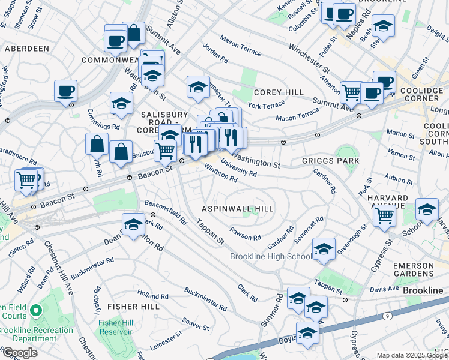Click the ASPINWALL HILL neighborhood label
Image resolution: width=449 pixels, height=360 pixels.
[x=237, y=209]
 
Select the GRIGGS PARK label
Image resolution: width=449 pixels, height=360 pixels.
[x=330, y=161]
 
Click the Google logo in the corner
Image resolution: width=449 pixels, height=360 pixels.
[x=20, y=353]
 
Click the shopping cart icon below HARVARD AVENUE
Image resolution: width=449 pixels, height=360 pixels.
[x=385, y=215]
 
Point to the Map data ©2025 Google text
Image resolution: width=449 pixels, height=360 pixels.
[x=411, y=355]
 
